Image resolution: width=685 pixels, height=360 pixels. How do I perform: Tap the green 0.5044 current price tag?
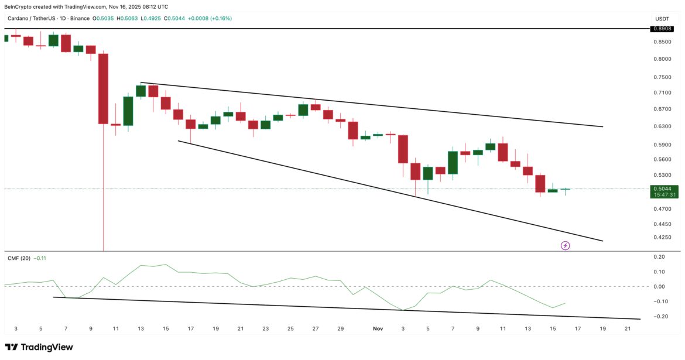(x=664, y=188)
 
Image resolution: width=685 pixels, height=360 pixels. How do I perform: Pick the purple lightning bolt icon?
(x=565, y=246)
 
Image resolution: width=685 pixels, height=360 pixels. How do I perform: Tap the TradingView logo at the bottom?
(x=39, y=347)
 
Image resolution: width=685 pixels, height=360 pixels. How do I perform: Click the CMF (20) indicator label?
(x=19, y=258)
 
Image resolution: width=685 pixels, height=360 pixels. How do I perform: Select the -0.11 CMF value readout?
(x=40, y=258)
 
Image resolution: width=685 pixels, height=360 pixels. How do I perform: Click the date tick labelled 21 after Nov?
(x=627, y=329)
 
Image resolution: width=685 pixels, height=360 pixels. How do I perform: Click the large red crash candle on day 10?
(x=103, y=88)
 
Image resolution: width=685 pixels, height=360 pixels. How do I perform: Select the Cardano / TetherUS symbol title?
(x=29, y=19)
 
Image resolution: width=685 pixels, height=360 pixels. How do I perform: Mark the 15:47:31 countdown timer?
(x=664, y=195)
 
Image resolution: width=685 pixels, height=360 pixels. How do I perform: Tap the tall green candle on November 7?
(x=453, y=162)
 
